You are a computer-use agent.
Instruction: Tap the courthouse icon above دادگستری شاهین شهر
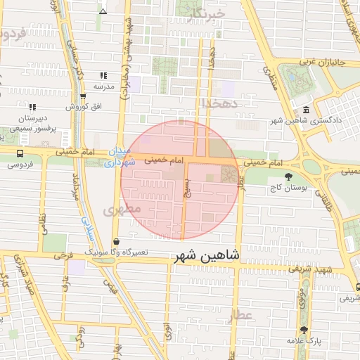coord(307,110)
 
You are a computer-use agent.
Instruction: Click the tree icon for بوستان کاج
coord(288,176)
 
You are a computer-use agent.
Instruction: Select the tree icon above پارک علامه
coord(304,330)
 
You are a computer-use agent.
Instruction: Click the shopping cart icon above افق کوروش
coord(83,97)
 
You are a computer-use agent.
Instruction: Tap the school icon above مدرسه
coord(103,75)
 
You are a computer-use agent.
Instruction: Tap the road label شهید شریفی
coord(333,271)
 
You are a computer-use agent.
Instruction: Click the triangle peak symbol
coord(103,11)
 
